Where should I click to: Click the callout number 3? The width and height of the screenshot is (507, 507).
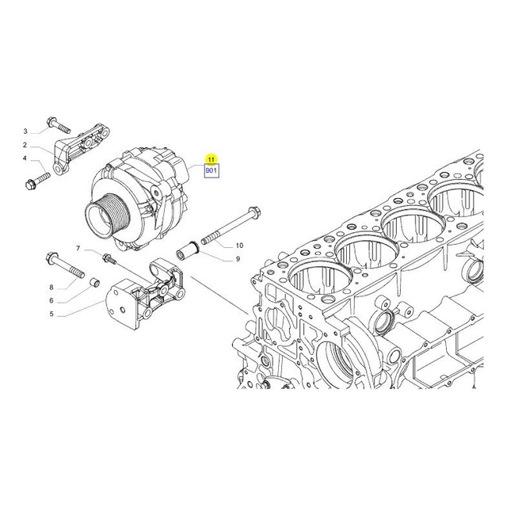click(x=25, y=132)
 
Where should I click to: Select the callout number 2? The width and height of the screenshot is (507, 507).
click(x=25, y=145)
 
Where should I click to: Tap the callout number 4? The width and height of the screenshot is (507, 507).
click(x=25, y=158)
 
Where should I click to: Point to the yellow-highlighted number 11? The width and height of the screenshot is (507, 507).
click(x=211, y=159)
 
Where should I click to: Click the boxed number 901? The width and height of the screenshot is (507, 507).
click(x=212, y=170)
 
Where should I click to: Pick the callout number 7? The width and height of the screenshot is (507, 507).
click(x=78, y=248)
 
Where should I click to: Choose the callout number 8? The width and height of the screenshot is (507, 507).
click(x=51, y=287)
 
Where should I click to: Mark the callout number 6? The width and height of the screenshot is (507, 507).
click(x=51, y=300)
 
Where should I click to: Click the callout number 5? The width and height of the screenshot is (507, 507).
click(x=51, y=314)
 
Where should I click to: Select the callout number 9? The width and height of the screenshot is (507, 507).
click(x=238, y=259)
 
